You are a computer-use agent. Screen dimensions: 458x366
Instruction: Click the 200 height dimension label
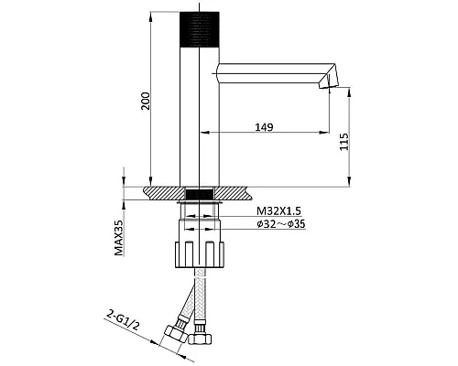[146, 101]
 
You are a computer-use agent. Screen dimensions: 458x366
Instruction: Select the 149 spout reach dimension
[264, 127]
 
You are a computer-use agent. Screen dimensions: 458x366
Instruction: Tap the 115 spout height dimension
[344, 141]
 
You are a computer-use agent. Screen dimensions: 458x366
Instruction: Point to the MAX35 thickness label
[118, 238]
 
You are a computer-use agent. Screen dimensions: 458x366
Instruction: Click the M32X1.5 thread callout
[278, 210]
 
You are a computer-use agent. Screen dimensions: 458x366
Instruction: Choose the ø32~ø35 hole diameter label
[281, 224]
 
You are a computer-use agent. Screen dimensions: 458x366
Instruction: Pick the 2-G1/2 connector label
[124, 320]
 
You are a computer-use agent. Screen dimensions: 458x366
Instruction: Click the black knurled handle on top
[200, 29]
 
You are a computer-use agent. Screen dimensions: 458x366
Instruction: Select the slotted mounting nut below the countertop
[200, 254]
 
